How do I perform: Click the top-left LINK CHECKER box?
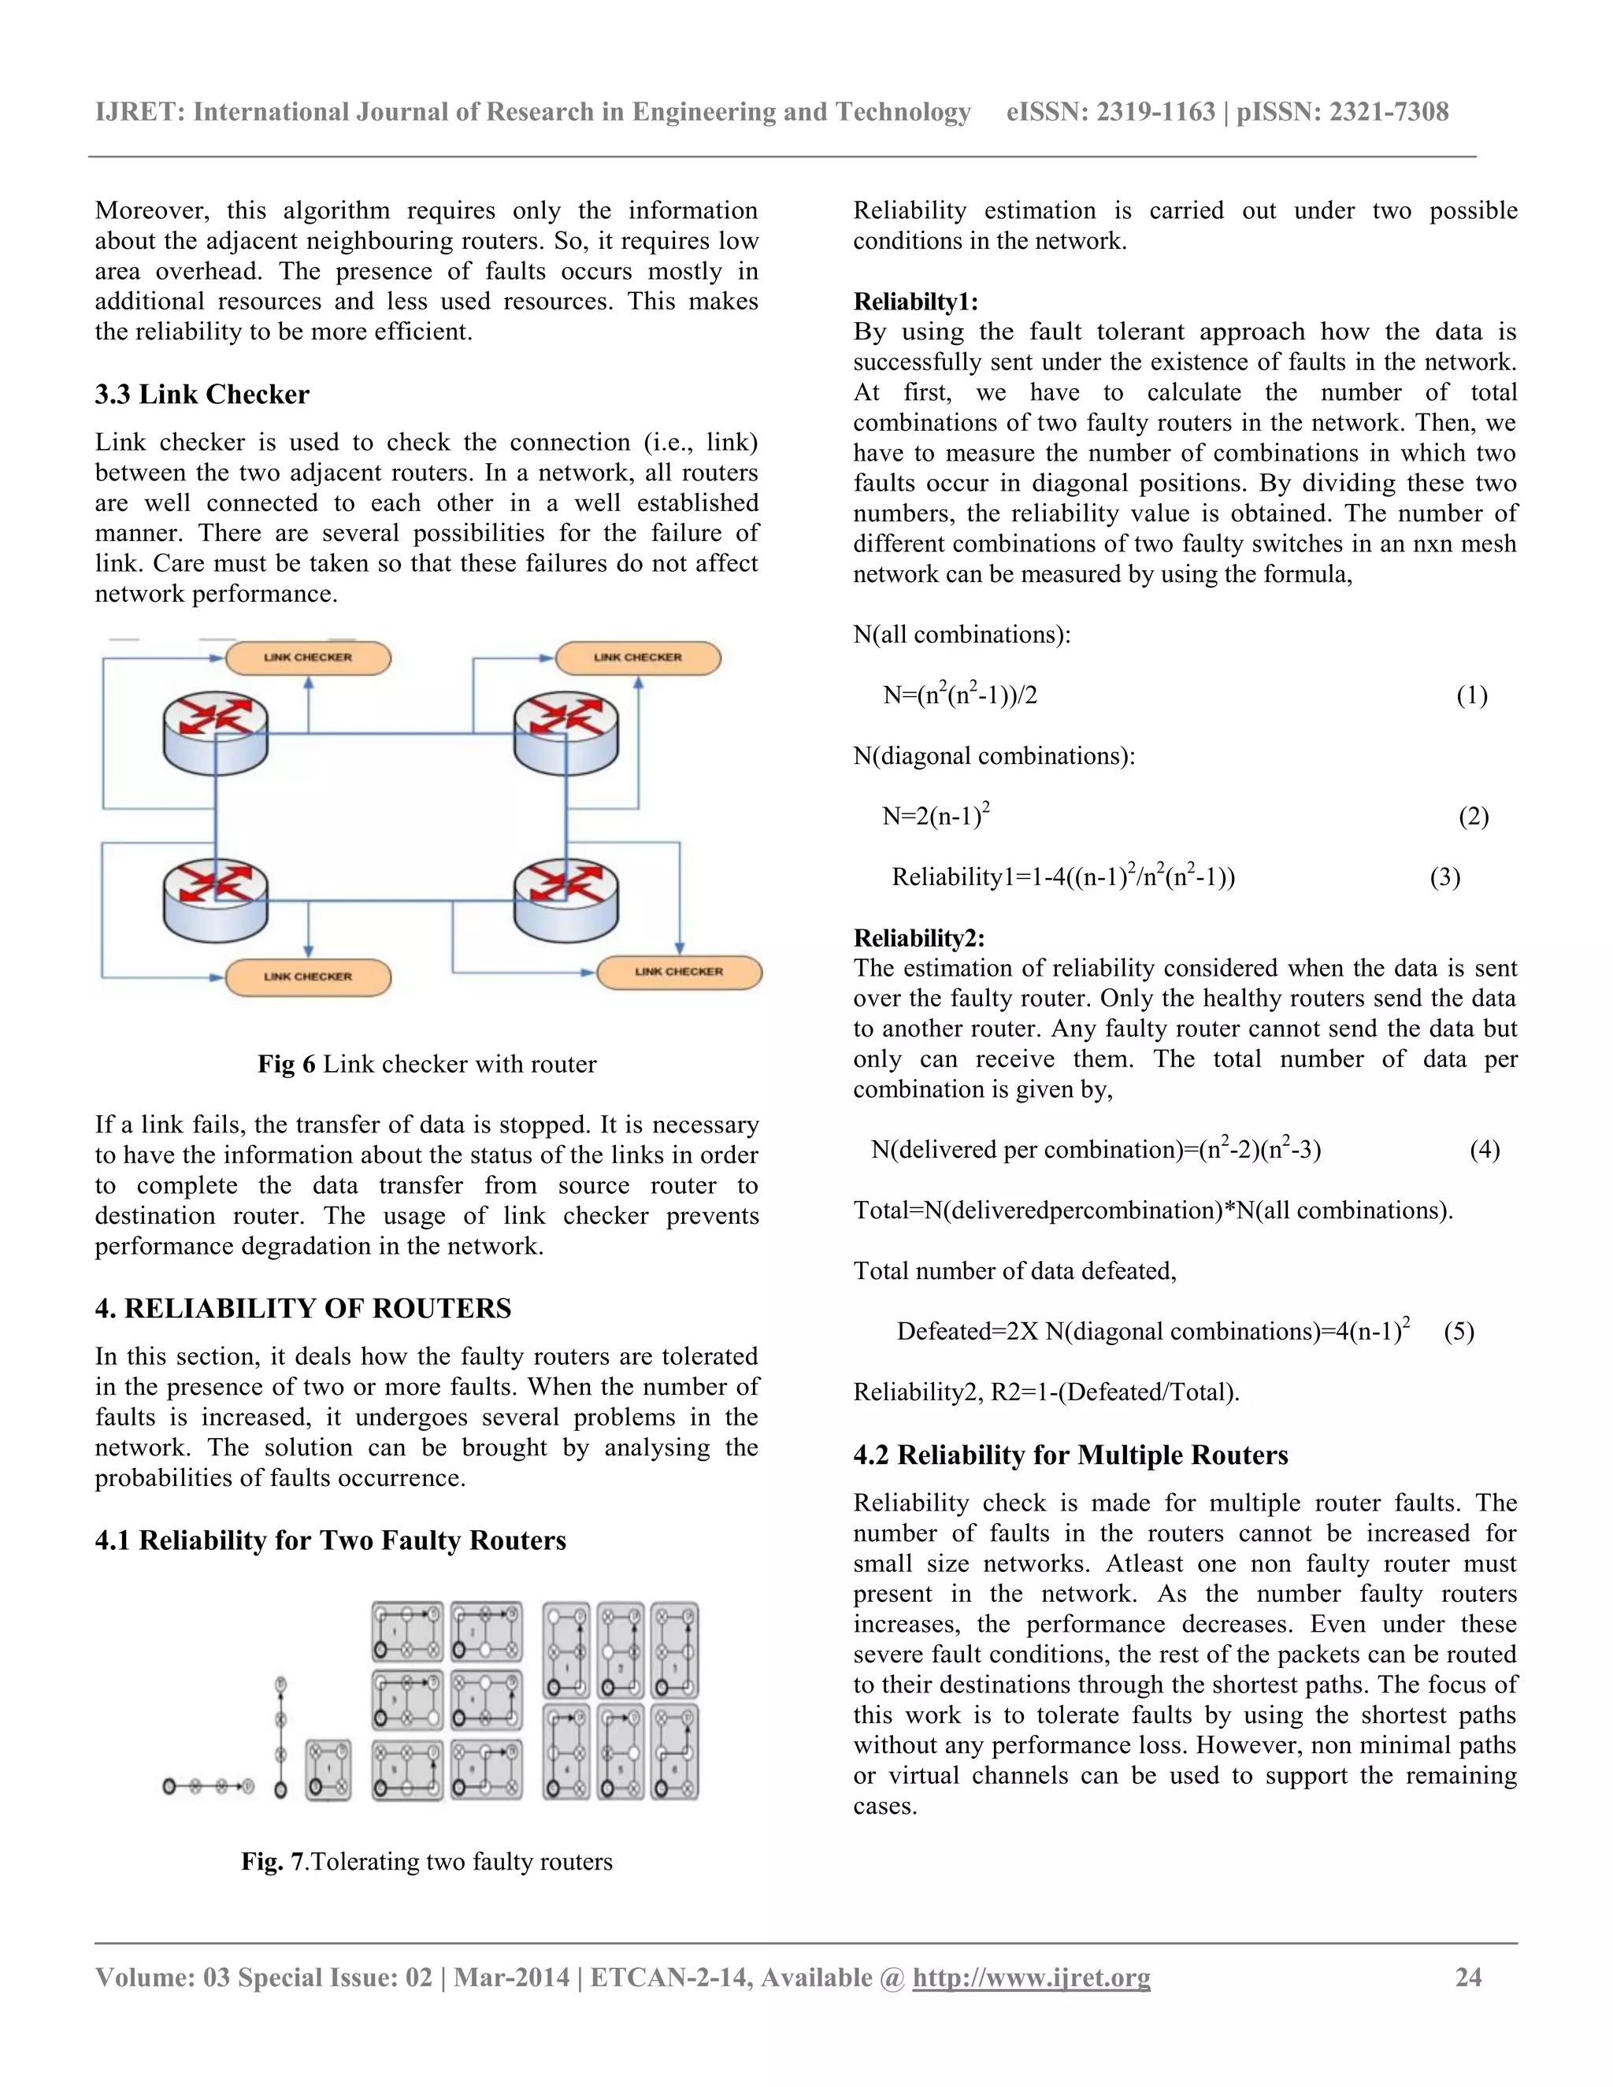308,658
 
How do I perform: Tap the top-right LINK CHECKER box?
637,658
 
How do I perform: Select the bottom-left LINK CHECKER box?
308,977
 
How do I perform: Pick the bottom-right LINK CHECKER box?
680,972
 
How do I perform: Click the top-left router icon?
215,733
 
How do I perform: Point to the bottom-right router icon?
565,901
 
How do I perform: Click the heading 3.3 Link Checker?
202,395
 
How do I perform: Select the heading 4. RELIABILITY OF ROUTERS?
303,1308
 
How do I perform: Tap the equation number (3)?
1444,877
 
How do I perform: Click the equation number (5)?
1458,1331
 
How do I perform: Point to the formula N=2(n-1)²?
936,815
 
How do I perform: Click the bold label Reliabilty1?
915,302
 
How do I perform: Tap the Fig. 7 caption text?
426,1862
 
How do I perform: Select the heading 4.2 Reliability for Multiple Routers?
1070,1455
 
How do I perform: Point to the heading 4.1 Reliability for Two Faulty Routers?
330,1540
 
